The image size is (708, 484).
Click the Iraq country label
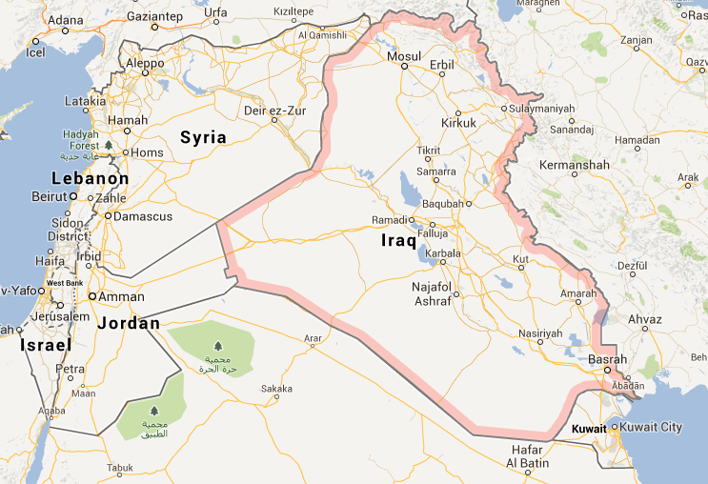[399, 240]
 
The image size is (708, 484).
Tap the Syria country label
[204, 137]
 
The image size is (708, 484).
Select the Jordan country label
[129, 323]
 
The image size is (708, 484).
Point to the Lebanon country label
[91, 178]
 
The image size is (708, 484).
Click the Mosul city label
[403, 57]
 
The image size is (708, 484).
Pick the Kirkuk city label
[458, 124]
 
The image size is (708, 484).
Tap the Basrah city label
[607, 359]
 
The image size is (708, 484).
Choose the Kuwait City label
[652, 427]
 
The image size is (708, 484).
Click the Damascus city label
[143, 216]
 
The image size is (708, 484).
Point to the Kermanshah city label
[574, 165]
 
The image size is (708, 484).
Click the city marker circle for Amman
[92, 296]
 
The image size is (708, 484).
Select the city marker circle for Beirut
[72, 196]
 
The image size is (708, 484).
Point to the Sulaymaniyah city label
[543, 108]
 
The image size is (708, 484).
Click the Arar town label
[313, 338]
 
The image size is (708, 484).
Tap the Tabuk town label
[120, 467]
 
